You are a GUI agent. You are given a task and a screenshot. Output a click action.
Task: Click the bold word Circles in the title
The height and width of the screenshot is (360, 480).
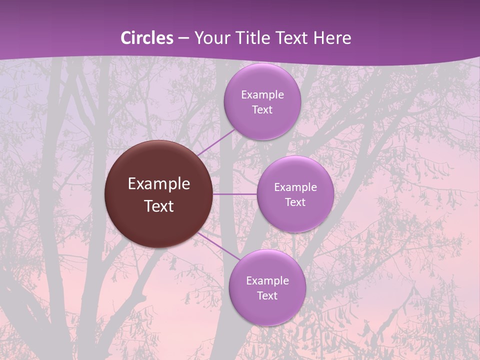click(x=146, y=38)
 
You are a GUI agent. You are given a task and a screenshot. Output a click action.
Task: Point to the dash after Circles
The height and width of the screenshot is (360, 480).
click(x=183, y=38)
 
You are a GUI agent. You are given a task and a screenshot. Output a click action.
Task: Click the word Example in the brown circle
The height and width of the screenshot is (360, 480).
click(x=159, y=184)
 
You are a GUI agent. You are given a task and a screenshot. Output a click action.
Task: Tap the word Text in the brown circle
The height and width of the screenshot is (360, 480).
click(x=159, y=206)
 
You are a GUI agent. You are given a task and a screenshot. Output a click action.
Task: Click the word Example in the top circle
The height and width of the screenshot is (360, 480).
click(x=262, y=95)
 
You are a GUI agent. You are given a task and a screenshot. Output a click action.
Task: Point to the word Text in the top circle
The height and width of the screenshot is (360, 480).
click(x=262, y=110)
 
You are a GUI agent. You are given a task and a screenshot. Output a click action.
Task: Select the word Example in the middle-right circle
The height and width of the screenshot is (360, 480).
click(x=295, y=187)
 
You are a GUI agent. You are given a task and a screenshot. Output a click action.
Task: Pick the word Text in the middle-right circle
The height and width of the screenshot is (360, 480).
click(x=295, y=202)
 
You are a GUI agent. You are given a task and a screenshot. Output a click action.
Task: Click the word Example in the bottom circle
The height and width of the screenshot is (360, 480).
click(x=267, y=281)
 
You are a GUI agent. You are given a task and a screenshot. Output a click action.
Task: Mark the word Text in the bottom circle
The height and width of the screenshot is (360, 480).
click(x=267, y=296)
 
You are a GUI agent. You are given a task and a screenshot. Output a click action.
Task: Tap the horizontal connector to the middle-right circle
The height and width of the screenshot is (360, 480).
click(x=235, y=194)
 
